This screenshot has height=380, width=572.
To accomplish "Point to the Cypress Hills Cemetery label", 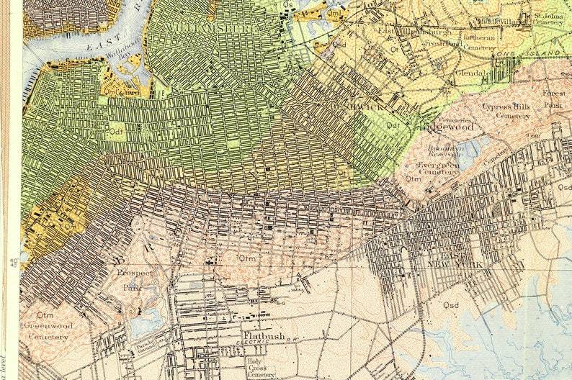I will click(x=507, y=110).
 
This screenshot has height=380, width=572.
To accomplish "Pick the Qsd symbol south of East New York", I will click(x=451, y=304).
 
